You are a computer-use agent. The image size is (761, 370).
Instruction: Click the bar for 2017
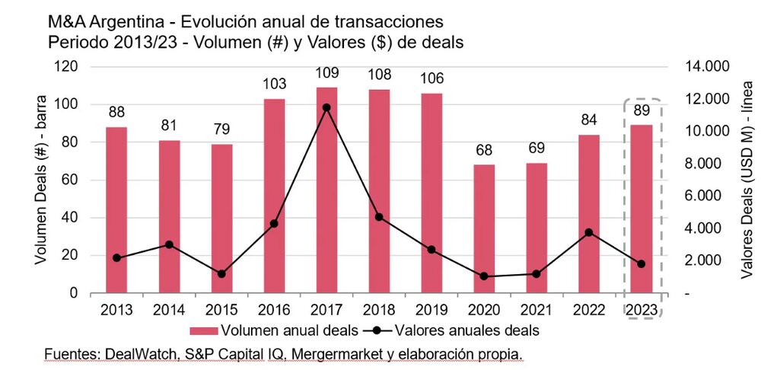(326, 190)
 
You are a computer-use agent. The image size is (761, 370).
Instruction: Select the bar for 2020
(482, 228)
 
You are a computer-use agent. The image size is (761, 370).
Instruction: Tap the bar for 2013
(116, 210)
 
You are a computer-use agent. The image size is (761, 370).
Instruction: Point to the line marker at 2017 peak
(326, 107)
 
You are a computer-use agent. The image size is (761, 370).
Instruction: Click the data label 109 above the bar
(326, 74)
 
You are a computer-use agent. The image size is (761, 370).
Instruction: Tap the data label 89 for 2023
(642, 111)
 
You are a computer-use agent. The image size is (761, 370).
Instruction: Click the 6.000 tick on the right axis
(696, 196)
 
